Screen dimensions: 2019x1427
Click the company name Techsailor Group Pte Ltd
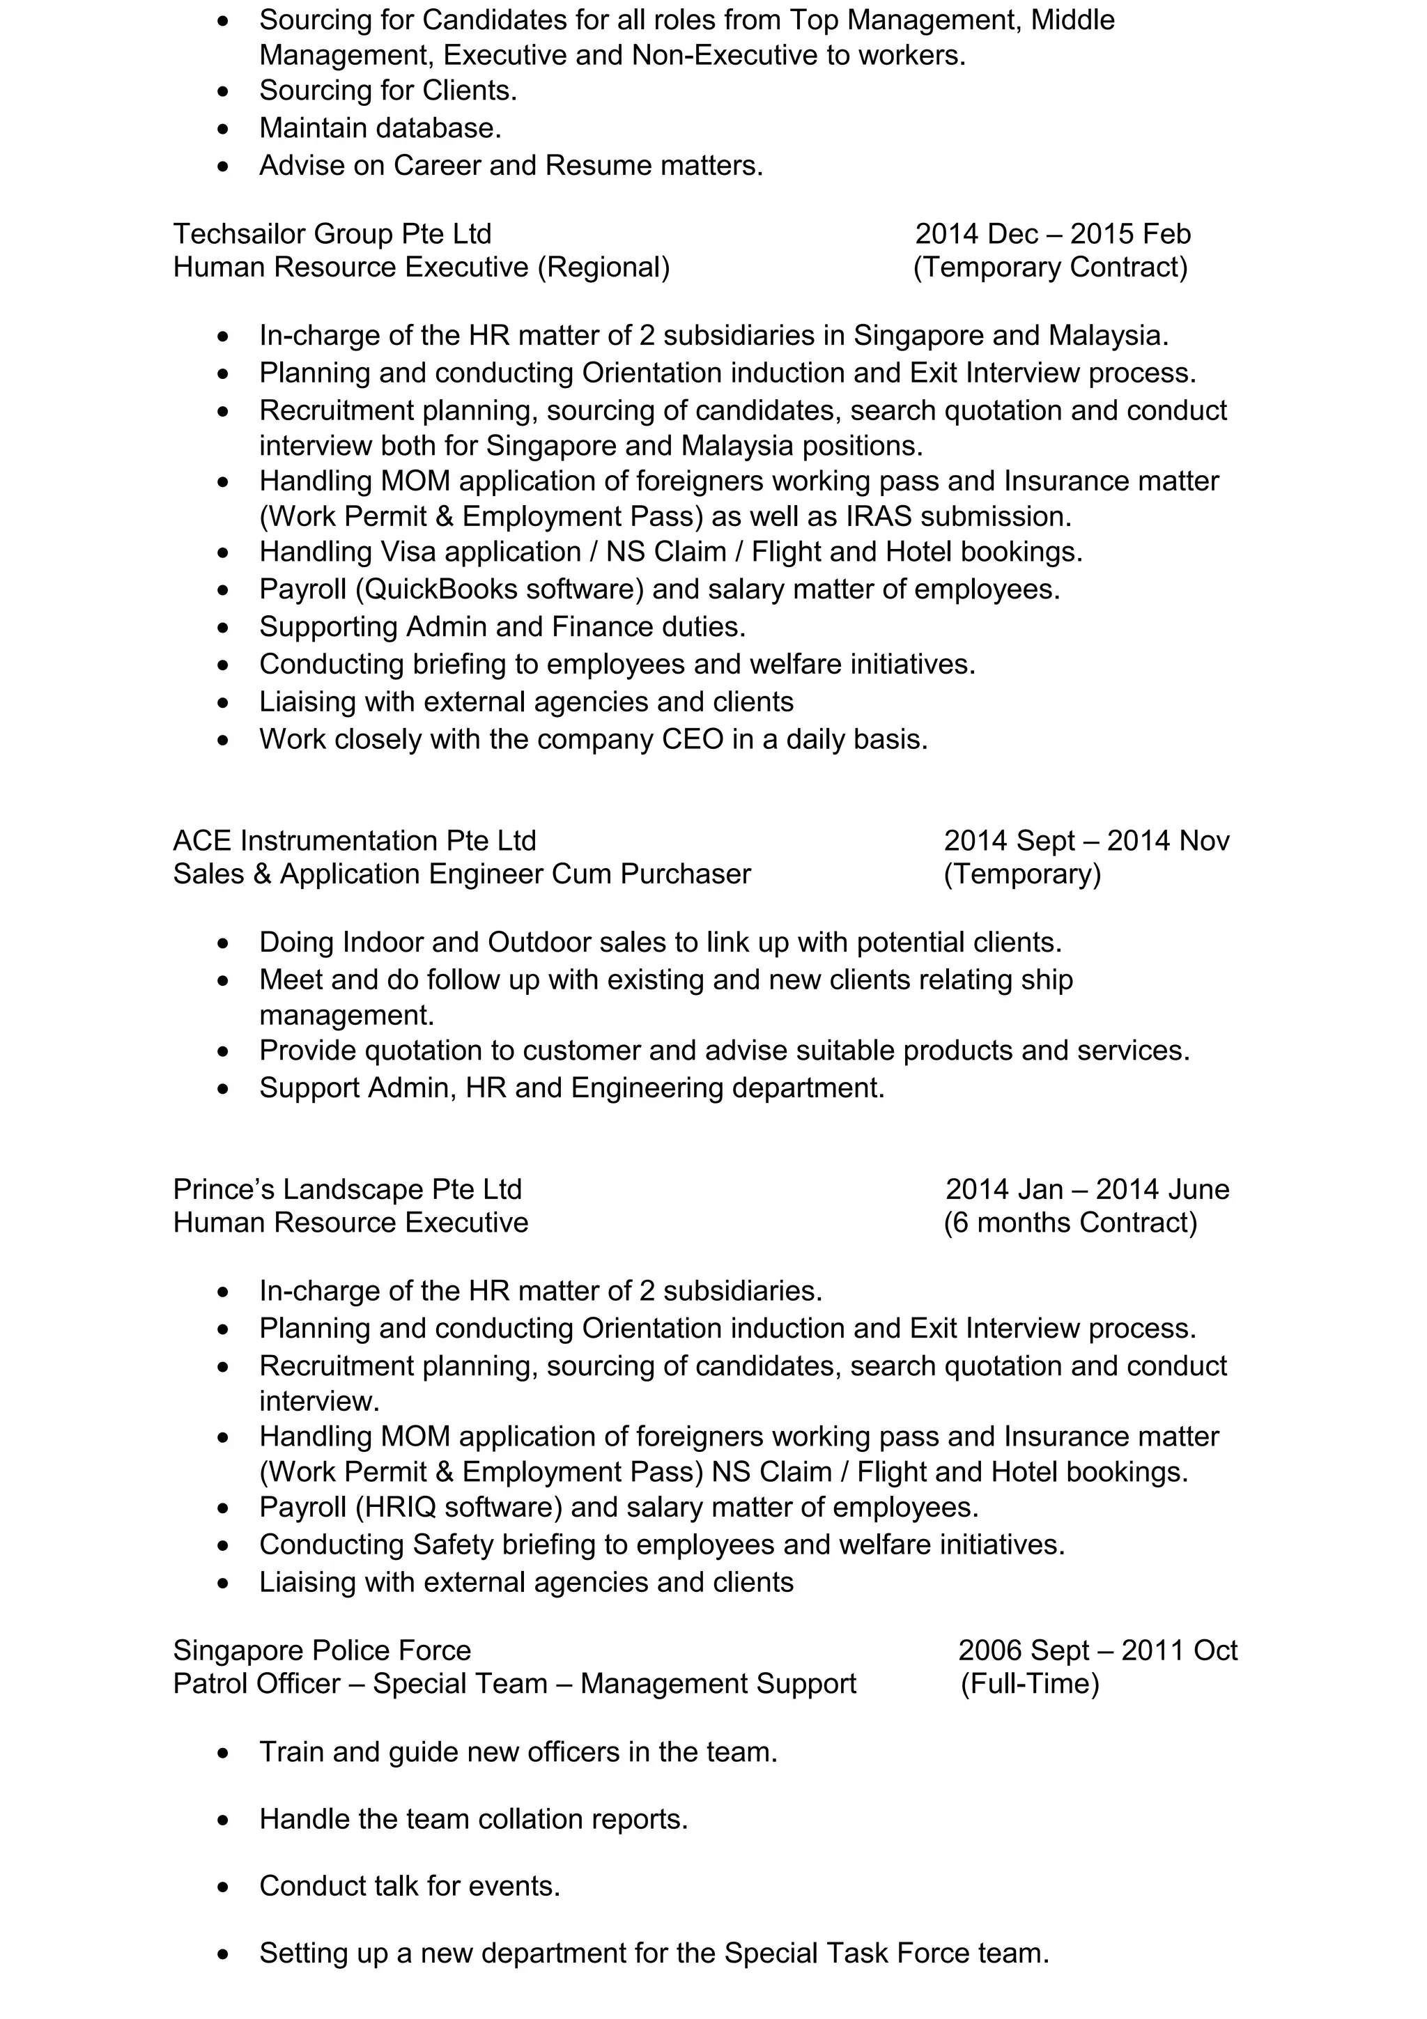click(x=332, y=234)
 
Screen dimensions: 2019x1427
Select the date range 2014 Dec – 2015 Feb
click(x=1052, y=234)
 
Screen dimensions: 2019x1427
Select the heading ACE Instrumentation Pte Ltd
click(x=355, y=841)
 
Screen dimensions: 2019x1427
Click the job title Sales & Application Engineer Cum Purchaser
click(x=461, y=874)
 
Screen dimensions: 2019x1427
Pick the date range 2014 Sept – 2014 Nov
click(x=1086, y=841)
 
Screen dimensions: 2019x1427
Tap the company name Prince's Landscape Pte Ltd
click(x=347, y=1189)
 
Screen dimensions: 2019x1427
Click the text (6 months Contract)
click(x=1070, y=1222)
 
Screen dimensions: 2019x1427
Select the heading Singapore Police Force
click(x=322, y=1650)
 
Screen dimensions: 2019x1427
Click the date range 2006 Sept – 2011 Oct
click(x=1097, y=1650)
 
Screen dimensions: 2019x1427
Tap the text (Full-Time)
click(x=1030, y=1683)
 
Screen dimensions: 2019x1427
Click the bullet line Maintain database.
click(x=380, y=128)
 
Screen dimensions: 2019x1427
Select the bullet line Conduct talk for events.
click(x=410, y=1885)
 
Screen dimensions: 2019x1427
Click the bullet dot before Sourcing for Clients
click(x=224, y=91)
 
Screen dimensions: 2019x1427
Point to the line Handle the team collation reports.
click(x=473, y=1818)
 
